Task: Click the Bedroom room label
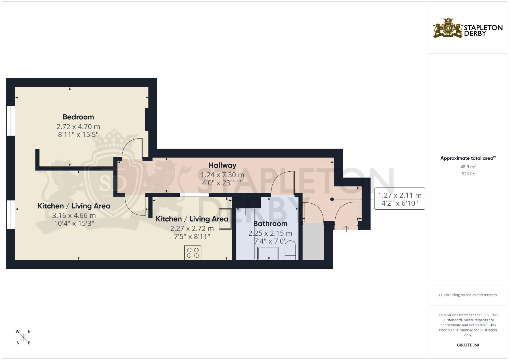pyautogui.click(x=78, y=117)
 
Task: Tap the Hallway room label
pyautogui.click(x=222, y=165)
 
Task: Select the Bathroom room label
pyautogui.click(x=270, y=224)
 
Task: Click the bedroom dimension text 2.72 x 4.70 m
pyautogui.click(x=78, y=127)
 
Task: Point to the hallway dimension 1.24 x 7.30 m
pyautogui.click(x=222, y=175)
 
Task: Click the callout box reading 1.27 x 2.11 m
pyautogui.click(x=399, y=199)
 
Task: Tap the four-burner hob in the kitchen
pyautogui.click(x=193, y=252)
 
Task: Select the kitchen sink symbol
pyautogui.click(x=225, y=219)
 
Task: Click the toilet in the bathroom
pyautogui.click(x=290, y=250)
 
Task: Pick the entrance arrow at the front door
pyautogui.click(x=346, y=229)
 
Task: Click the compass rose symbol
pyautogui.click(x=23, y=337)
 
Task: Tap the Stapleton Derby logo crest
pyautogui.click(x=448, y=28)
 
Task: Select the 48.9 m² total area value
pyautogui.click(x=468, y=166)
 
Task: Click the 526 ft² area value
pyautogui.click(x=468, y=174)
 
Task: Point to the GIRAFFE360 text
pyautogui.click(x=468, y=345)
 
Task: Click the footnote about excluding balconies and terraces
pyautogui.click(x=468, y=295)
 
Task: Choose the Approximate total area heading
pyautogui.click(x=468, y=158)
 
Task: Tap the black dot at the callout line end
pyautogui.click(x=332, y=199)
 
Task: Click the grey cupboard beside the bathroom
pyautogui.click(x=313, y=241)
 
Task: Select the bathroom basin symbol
pyautogui.click(x=268, y=254)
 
